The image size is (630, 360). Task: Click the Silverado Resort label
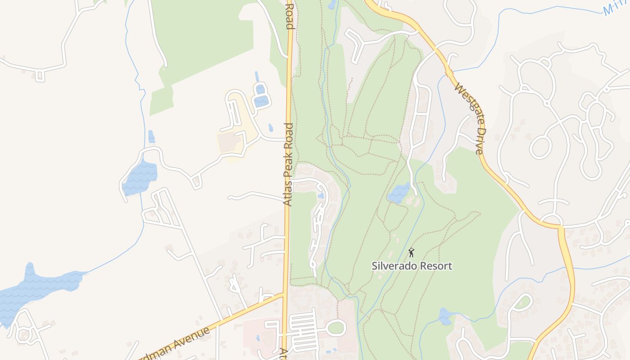[x=412, y=265]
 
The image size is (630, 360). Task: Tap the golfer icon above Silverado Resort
[x=411, y=252]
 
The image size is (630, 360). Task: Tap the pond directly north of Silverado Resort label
[x=399, y=193]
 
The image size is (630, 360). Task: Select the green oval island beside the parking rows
[x=336, y=328]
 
